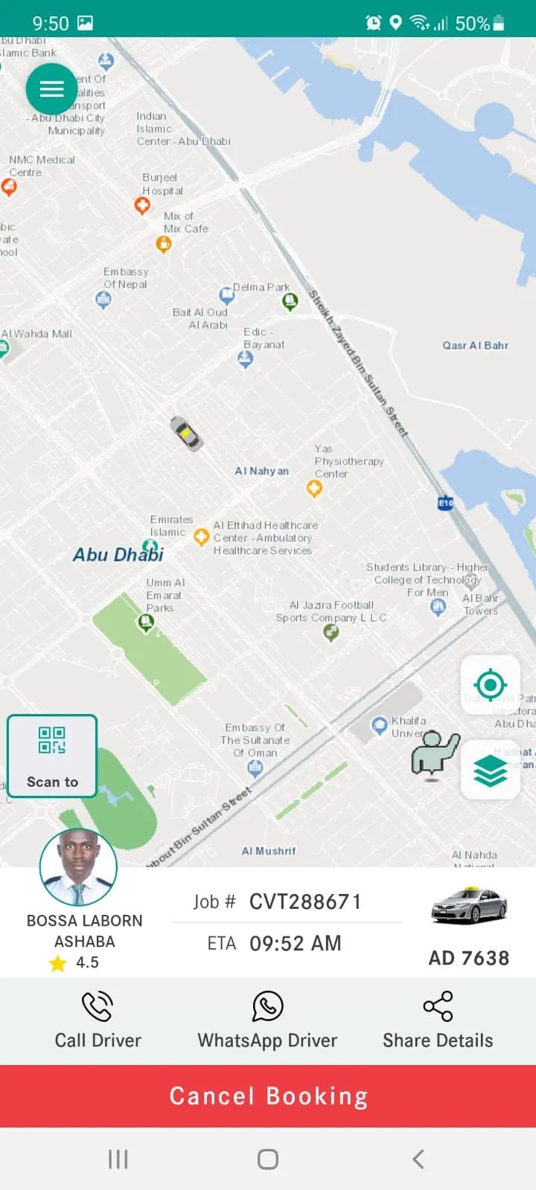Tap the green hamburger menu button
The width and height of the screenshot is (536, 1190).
tap(51, 89)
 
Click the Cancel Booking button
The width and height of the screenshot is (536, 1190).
tap(268, 1096)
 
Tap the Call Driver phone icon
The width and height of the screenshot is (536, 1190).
tap(98, 1006)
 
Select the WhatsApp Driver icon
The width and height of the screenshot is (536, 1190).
tap(268, 1006)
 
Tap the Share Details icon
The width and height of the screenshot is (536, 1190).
tap(438, 1006)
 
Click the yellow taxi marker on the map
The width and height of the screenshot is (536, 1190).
tap(186, 434)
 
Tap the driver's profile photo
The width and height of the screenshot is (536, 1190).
tap(78, 866)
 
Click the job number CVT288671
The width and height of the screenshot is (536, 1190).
tap(305, 902)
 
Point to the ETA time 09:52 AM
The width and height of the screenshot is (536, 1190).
tap(296, 943)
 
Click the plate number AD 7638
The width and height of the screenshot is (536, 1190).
tap(469, 958)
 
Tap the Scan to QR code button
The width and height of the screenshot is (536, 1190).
tap(52, 756)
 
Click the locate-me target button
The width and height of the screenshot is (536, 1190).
tap(491, 684)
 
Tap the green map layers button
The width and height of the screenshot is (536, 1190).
tap(491, 770)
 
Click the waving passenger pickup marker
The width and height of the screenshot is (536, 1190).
tap(435, 755)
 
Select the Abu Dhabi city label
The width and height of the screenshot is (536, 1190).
tap(118, 554)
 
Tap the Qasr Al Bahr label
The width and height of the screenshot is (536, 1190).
tap(475, 345)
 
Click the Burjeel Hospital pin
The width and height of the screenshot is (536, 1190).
tap(142, 205)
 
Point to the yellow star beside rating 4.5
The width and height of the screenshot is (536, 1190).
tap(57, 963)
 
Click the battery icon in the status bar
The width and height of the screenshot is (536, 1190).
tap(499, 23)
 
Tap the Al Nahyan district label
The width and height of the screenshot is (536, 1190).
tap(261, 471)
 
